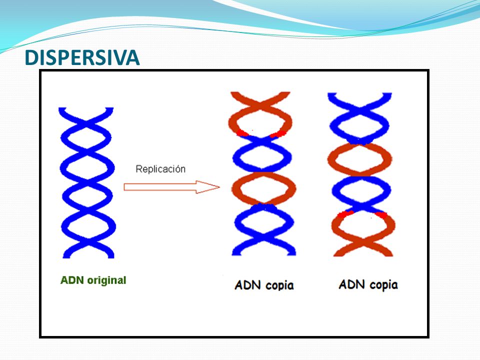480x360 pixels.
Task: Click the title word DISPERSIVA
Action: point(82,57)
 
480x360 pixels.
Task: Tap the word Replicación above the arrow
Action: point(160,169)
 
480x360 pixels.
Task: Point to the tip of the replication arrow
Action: point(219,187)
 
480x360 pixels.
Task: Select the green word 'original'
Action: point(106,280)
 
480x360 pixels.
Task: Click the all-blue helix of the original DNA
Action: point(88,183)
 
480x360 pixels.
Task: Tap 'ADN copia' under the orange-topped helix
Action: point(264,285)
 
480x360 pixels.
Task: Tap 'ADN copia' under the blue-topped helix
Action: point(368,284)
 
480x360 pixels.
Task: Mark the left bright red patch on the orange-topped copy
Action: point(242,133)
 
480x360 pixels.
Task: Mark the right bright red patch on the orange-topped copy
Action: point(278,134)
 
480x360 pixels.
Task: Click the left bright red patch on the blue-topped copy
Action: point(345,213)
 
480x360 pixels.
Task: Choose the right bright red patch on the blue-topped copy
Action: point(381,215)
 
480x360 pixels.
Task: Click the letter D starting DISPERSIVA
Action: point(31,58)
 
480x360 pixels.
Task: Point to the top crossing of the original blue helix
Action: point(87,124)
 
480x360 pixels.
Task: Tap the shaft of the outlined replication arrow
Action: point(160,187)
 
